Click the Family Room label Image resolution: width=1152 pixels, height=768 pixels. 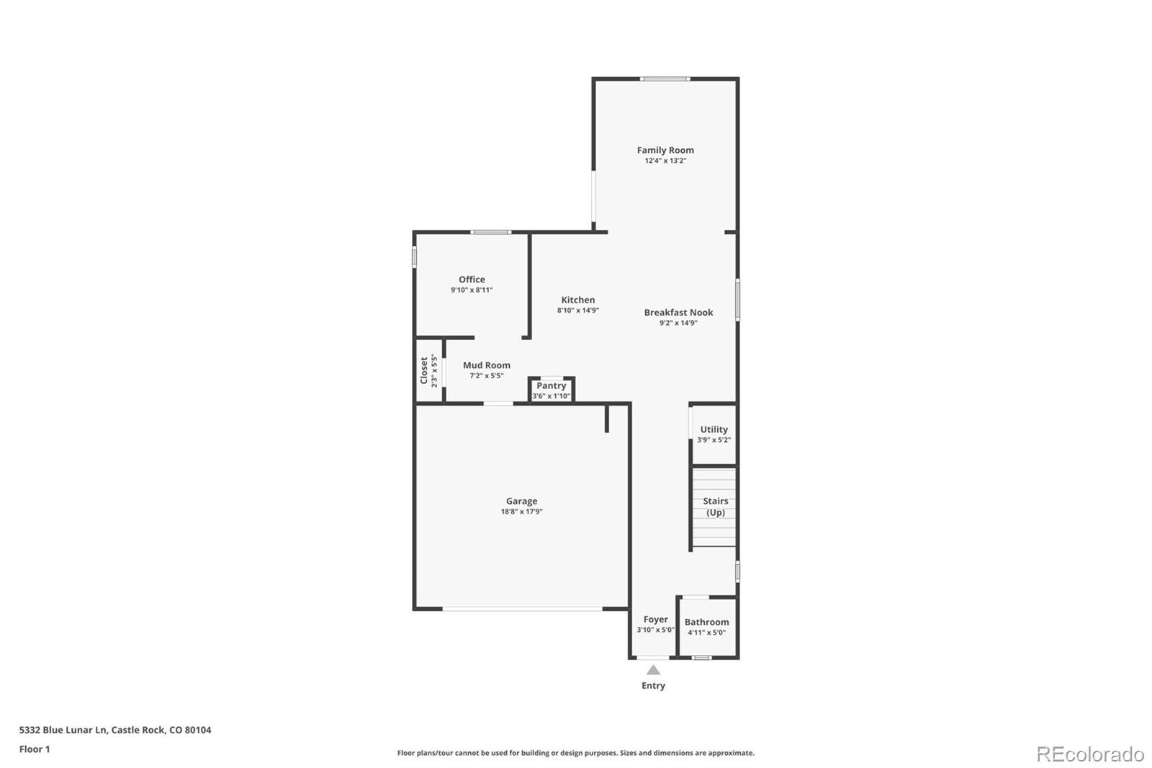pos(665,151)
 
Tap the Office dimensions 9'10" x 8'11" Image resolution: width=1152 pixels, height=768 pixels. pos(472,290)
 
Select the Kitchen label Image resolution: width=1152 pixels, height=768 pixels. pos(578,300)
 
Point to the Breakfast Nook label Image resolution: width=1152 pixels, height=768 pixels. pos(678,313)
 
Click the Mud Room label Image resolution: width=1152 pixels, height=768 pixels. pos(487,365)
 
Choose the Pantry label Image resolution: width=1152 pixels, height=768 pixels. pos(552,386)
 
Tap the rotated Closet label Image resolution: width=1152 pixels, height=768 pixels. pos(424,371)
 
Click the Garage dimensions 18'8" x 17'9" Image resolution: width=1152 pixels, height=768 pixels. pos(521,512)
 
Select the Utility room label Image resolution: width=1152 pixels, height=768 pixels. pos(714,429)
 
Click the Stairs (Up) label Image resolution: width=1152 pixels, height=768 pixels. pos(715,506)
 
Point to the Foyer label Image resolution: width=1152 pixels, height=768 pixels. pos(655,620)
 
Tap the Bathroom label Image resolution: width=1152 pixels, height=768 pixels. pos(706,622)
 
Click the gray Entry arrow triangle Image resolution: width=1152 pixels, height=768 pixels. pos(653,670)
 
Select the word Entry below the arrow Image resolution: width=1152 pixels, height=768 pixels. pos(653,686)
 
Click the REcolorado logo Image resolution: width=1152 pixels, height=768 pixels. pos(1089,754)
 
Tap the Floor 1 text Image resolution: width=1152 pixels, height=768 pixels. pos(35,749)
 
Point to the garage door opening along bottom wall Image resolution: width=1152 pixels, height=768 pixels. pos(522,610)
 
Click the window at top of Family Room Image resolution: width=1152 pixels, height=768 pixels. pos(665,79)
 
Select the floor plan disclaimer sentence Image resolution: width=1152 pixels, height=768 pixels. pos(576,753)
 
